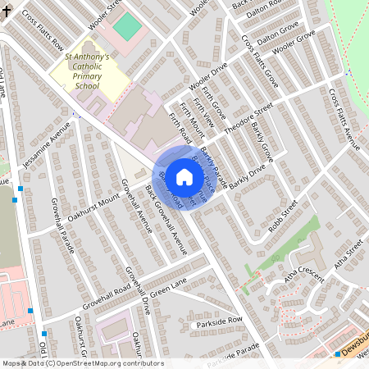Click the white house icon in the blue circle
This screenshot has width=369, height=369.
(x=184, y=176)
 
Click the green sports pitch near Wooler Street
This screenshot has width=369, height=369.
(x=126, y=26)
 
